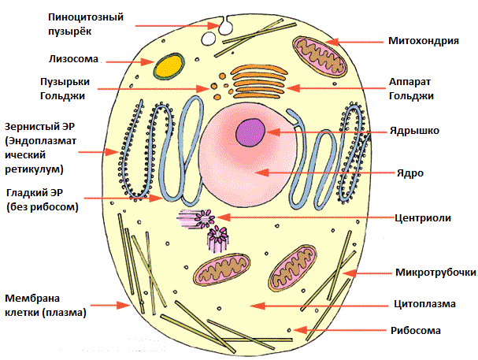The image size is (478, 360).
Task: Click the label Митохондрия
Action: tap(423, 40)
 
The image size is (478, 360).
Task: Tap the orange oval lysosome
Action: tap(166, 67)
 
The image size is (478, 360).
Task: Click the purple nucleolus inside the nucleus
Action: tap(252, 130)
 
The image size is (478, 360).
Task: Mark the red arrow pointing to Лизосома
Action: tap(130, 61)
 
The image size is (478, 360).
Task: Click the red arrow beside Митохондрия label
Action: tap(358, 40)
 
